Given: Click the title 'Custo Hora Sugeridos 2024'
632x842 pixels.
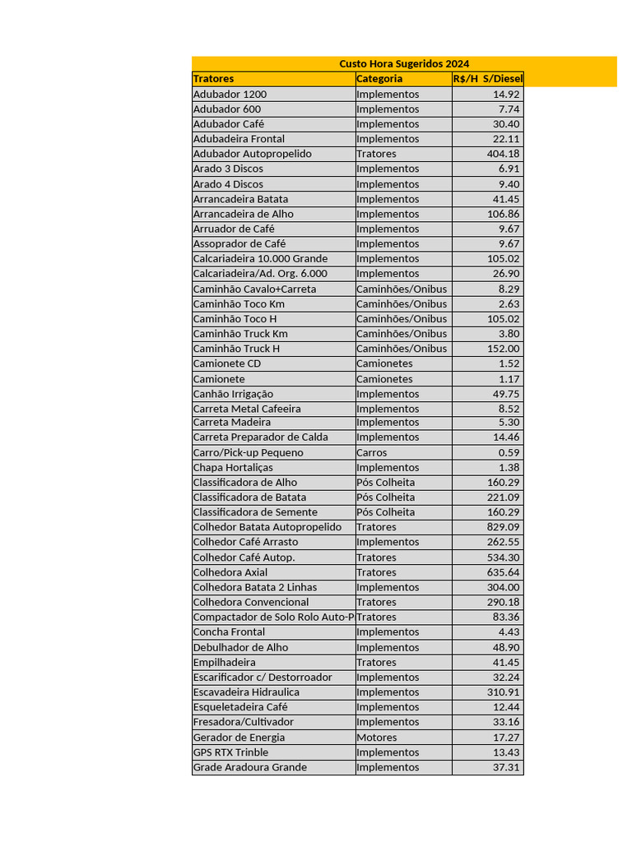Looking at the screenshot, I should [x=404, y=63].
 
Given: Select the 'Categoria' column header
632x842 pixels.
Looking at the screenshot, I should [x=379, y=79].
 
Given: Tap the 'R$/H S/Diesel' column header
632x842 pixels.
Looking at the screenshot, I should [x=487, y=79].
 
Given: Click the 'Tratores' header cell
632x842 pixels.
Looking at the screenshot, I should [x=213, y=79].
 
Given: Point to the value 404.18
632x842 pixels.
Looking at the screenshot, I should [x=503, y=154].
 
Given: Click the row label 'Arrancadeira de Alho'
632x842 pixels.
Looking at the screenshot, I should [x=243, y=214].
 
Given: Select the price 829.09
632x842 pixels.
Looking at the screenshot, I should [x=503, y=527].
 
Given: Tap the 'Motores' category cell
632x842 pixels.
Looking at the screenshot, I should [x=376, y=738].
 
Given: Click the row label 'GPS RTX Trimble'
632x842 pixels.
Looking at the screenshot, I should [x=230, y=752].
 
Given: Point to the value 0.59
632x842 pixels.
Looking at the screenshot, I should [x=509, y=453].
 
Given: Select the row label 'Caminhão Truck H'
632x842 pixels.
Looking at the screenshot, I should [x=236, y=349].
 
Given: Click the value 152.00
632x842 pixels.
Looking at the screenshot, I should [x=503, y=349].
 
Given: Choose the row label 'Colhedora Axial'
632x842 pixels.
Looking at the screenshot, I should [x=230, y=572].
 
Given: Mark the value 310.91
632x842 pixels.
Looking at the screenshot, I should [x=503, y=692].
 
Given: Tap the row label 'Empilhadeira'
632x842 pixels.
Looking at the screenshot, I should [x=224, y=663].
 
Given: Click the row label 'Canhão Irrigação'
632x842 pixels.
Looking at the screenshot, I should [x=233, y=394].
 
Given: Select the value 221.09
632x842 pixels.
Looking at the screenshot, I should [x=503, y=497].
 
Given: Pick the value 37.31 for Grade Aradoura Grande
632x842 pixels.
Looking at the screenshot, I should [x=506, y=767].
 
